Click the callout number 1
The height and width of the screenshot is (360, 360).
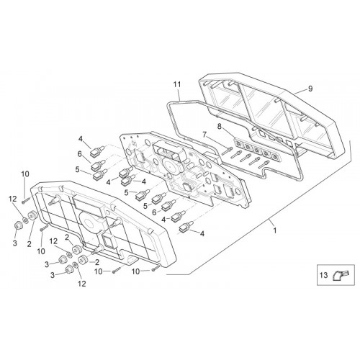275,230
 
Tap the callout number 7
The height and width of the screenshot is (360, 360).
204,135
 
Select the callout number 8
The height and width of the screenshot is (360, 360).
219,126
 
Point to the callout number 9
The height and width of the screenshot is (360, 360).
310,89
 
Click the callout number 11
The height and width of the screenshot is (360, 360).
177,84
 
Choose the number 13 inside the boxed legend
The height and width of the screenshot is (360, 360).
323,275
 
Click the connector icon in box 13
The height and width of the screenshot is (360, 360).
341,275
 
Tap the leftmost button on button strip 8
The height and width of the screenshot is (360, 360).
239,144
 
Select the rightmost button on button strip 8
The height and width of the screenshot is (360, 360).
275,157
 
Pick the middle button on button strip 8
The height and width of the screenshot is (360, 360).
257,150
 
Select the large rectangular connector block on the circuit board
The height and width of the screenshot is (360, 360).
169,150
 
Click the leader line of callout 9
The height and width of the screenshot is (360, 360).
300,91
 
